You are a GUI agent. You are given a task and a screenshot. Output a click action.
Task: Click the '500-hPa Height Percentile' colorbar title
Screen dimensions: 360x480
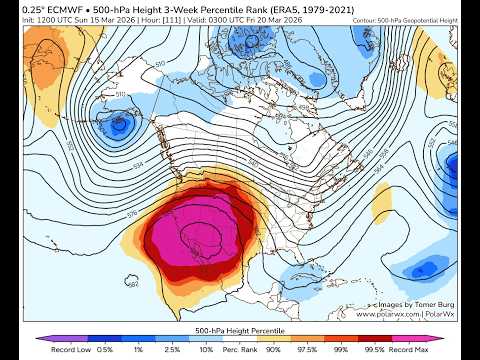pos(240,328)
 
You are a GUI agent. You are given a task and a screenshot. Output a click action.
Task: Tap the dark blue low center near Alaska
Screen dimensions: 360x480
pos(121,126)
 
